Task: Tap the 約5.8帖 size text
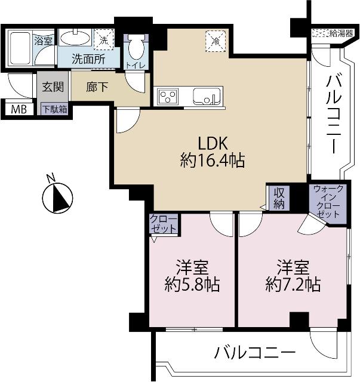click(x=192, y=285)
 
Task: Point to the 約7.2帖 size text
click(x=293, y=285)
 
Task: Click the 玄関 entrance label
click(x=48, y=87)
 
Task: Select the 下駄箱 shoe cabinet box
click(x=54, y=109)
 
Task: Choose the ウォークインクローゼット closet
click(x=327, y=202)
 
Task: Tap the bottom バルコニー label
click(x=255, y=353)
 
